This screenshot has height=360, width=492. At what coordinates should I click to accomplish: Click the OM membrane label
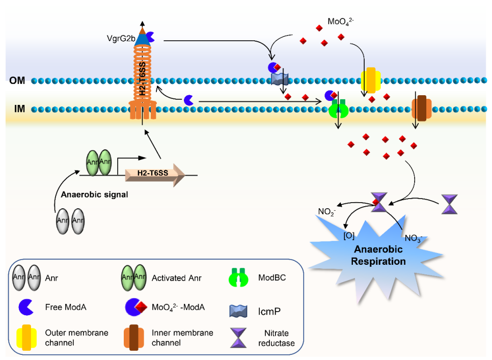point(17,80)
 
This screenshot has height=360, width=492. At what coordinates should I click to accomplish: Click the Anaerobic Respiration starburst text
point(378,255)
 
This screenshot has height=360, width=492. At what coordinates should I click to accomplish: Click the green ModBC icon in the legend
point(239,279)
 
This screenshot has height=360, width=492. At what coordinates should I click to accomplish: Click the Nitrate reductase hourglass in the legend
point(239,338)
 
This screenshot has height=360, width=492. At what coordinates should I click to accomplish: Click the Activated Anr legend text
point(176,278)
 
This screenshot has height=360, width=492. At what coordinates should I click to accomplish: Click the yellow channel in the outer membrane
point(371,80)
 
